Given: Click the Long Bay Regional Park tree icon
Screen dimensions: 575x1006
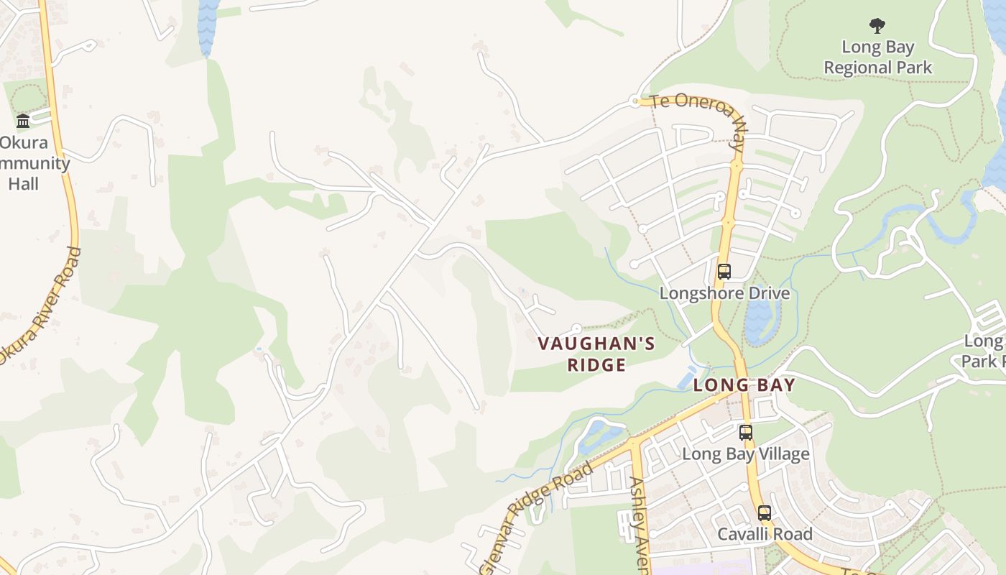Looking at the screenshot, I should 877,27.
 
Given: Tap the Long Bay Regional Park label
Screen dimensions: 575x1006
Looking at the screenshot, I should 877,57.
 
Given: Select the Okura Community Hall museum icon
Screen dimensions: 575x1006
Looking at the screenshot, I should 23,121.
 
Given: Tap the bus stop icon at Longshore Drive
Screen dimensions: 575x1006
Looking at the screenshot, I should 724,272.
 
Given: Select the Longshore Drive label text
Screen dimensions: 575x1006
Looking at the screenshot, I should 724,293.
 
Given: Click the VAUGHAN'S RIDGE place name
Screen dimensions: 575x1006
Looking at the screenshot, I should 596,354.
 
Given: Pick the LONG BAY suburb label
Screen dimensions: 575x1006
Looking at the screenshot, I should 744,385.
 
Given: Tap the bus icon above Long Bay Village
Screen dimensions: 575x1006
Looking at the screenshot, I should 746,433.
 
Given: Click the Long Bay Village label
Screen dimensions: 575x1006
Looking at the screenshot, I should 745,454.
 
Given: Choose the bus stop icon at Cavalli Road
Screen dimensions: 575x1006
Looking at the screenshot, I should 765,513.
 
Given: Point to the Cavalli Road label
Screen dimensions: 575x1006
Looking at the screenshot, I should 765,535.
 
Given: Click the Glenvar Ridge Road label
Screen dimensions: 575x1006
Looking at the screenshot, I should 538,516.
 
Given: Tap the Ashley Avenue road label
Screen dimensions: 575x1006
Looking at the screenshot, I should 639,525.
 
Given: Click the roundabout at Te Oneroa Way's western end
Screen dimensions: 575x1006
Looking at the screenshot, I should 634,101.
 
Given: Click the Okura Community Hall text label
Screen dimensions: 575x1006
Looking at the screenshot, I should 29,162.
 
